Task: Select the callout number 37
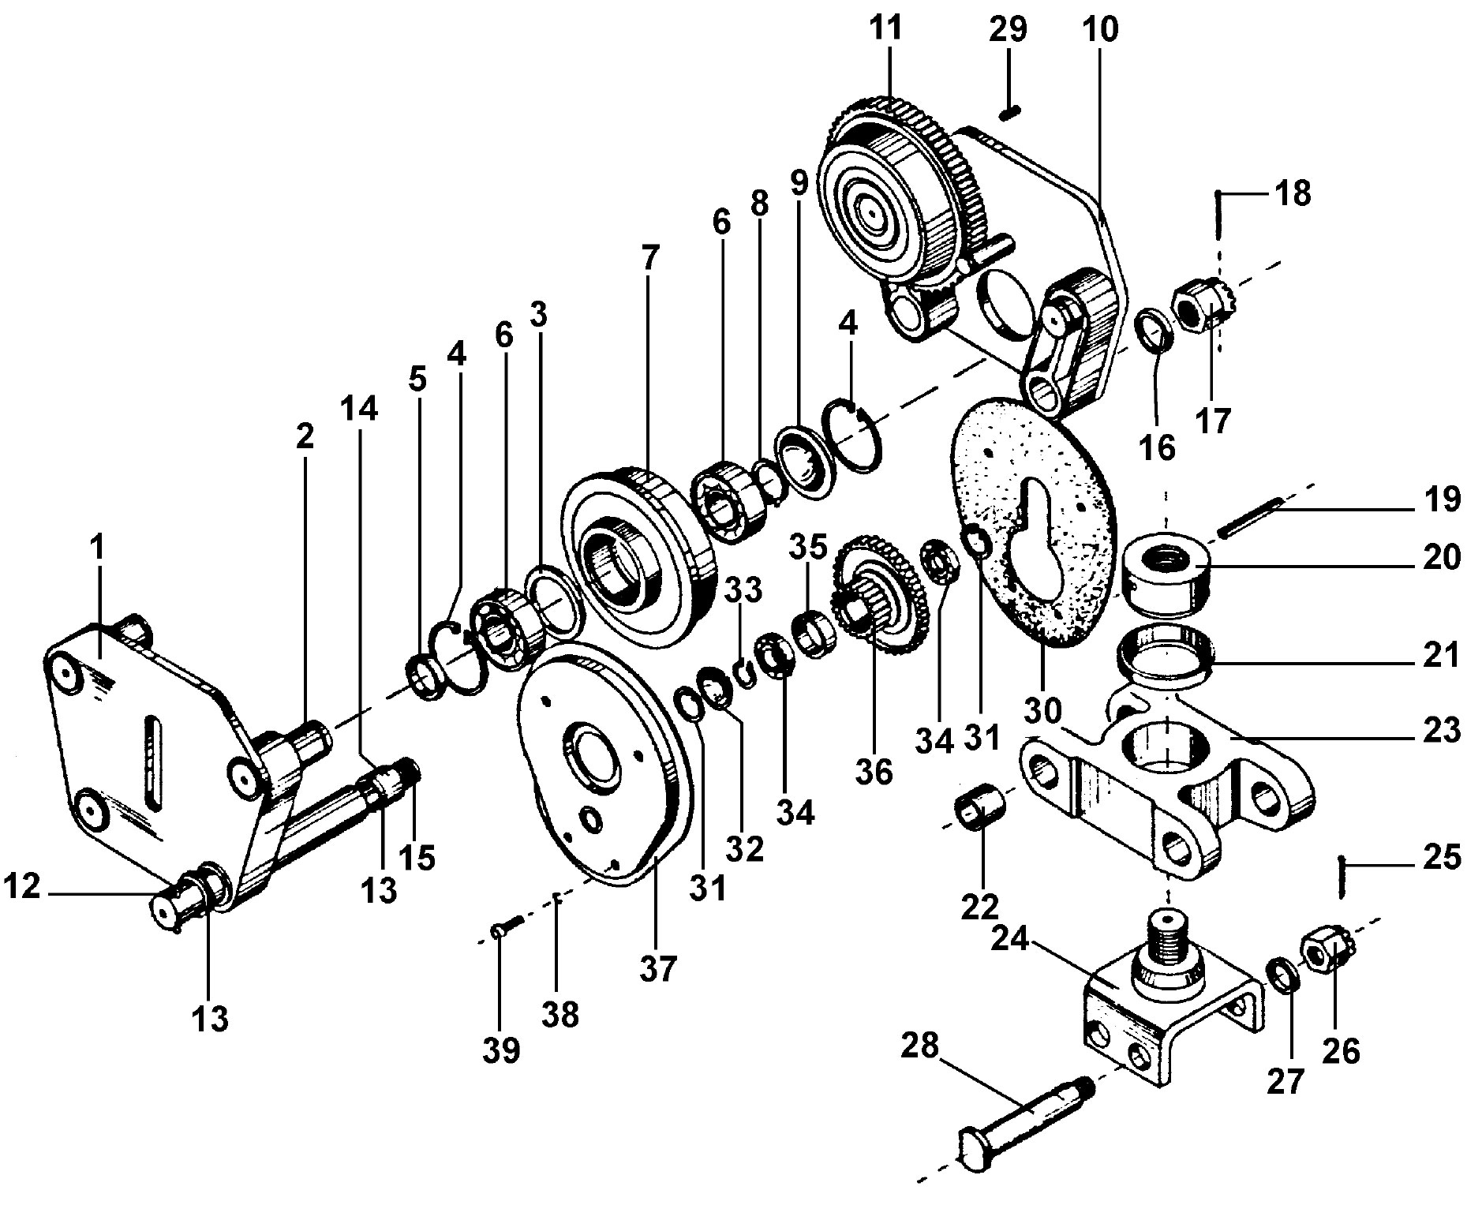[x=658, y=968]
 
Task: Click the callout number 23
[x=1441, y=730]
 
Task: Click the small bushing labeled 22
[x=982, y=810]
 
